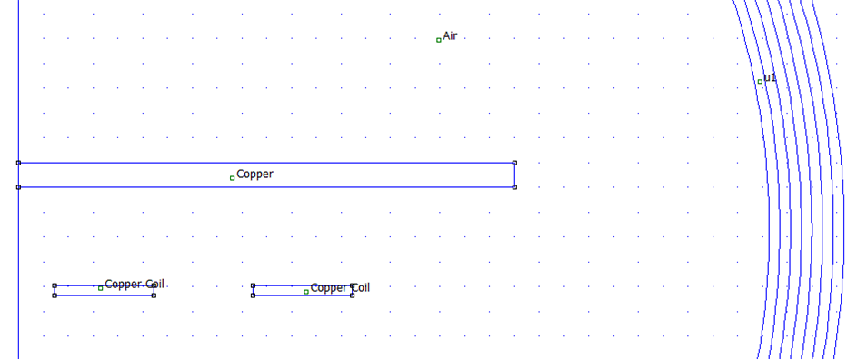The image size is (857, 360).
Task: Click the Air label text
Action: pos(450,36)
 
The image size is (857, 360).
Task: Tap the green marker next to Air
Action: pos(438,40)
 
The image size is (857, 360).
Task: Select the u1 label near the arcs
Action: pos(770,78)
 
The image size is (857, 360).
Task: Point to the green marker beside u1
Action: pos(760,82)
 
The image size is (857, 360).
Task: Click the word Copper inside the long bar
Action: pos(254,174)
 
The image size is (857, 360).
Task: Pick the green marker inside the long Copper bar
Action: pos(232,178)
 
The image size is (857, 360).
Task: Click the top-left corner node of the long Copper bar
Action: pos(18,163)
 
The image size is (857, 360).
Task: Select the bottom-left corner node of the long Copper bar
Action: pos(18,187)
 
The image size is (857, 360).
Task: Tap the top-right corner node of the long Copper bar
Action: pos(514,163)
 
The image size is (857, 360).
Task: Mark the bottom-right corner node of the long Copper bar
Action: pos(514,187)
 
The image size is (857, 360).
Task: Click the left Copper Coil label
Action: pos(135,284)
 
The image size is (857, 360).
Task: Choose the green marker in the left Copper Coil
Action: pos(100,288)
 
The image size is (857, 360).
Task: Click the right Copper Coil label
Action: pos(340,288)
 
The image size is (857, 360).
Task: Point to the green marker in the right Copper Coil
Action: pos(305,292)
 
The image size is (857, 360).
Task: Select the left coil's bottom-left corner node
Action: pos(55,295)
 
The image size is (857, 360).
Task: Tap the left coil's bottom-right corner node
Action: pos(154,295)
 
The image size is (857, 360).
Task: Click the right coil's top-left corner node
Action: pos(253,285)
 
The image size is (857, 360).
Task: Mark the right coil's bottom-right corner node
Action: pos(352,295)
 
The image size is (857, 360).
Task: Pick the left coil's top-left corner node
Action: pos(55,285)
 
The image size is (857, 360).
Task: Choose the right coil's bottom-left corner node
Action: pos(253,295)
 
